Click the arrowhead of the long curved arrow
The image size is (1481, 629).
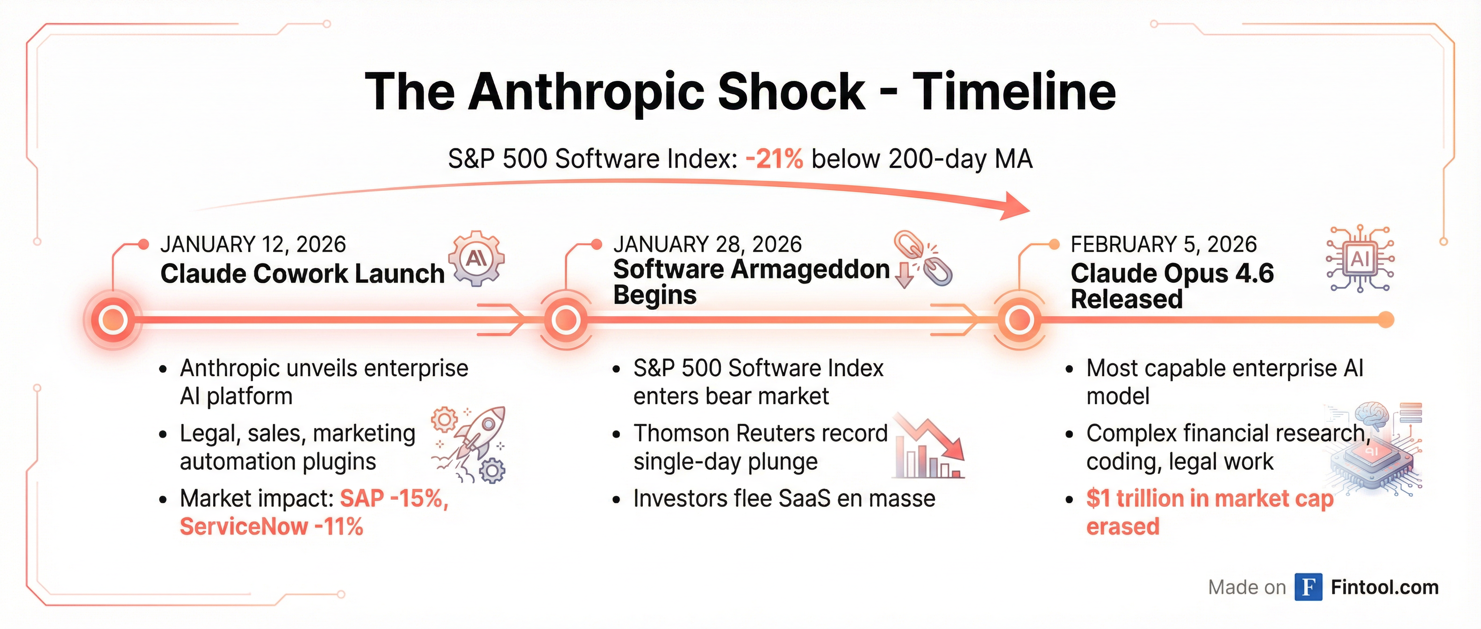click(1015, 205)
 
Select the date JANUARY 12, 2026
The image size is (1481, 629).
click(253, 245)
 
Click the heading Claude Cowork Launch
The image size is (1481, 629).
click(302, 273)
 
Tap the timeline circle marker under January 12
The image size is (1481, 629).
click(113, 320)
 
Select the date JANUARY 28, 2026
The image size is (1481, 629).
click(707, 245)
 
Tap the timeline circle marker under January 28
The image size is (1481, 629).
click(566, 320)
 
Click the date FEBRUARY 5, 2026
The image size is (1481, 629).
click(1164, 245)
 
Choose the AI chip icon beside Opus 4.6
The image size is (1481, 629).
click(1360, 258)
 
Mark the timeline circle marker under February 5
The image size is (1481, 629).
click(1019, 320)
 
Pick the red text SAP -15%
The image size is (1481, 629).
click(393, 498)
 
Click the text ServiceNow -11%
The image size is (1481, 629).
click(271, 527)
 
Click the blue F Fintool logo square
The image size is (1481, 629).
click(1308, 587)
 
